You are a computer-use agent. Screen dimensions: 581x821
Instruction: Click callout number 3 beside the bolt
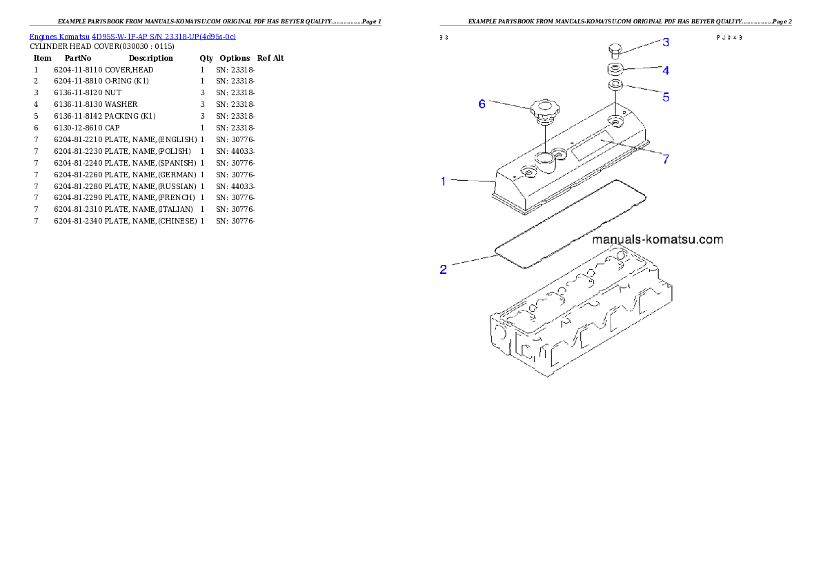pos(666,43)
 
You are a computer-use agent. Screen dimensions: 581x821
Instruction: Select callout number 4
pos(666,70)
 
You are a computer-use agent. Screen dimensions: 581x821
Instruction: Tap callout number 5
pos(666,97)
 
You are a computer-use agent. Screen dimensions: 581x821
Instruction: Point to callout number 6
pos(482,104)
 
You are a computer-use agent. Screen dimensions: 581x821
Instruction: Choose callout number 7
pos(666,159)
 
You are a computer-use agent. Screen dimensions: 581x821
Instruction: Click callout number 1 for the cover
pos(444,181)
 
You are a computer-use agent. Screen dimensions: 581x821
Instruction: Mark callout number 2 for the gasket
pos(444,269)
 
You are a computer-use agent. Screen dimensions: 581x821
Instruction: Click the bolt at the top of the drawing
pos(616,50)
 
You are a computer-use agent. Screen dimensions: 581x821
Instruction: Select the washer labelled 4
pos(616,70)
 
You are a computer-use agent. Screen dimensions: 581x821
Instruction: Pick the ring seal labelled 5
pos(615,85)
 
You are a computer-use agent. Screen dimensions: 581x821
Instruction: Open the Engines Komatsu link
pos(59,37)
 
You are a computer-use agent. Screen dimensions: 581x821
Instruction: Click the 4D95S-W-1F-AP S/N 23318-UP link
pos(164,37)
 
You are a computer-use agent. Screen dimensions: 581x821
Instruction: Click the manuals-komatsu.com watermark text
pos(657,240)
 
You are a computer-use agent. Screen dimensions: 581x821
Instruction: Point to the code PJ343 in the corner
pos(729,38)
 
